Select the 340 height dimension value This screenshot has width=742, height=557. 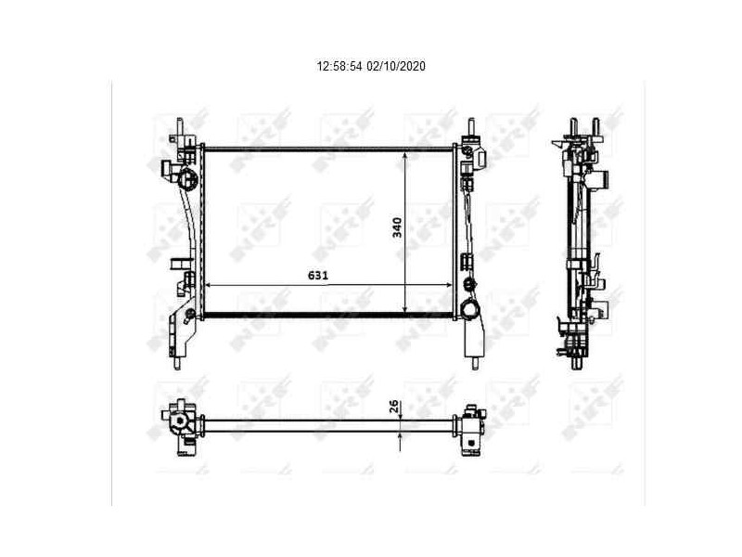397,227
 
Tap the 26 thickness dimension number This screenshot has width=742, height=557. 393,406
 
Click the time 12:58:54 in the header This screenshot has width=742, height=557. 340,67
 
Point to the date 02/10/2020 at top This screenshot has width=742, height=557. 396,67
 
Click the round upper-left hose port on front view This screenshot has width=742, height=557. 188,179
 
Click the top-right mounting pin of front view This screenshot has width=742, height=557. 470,126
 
